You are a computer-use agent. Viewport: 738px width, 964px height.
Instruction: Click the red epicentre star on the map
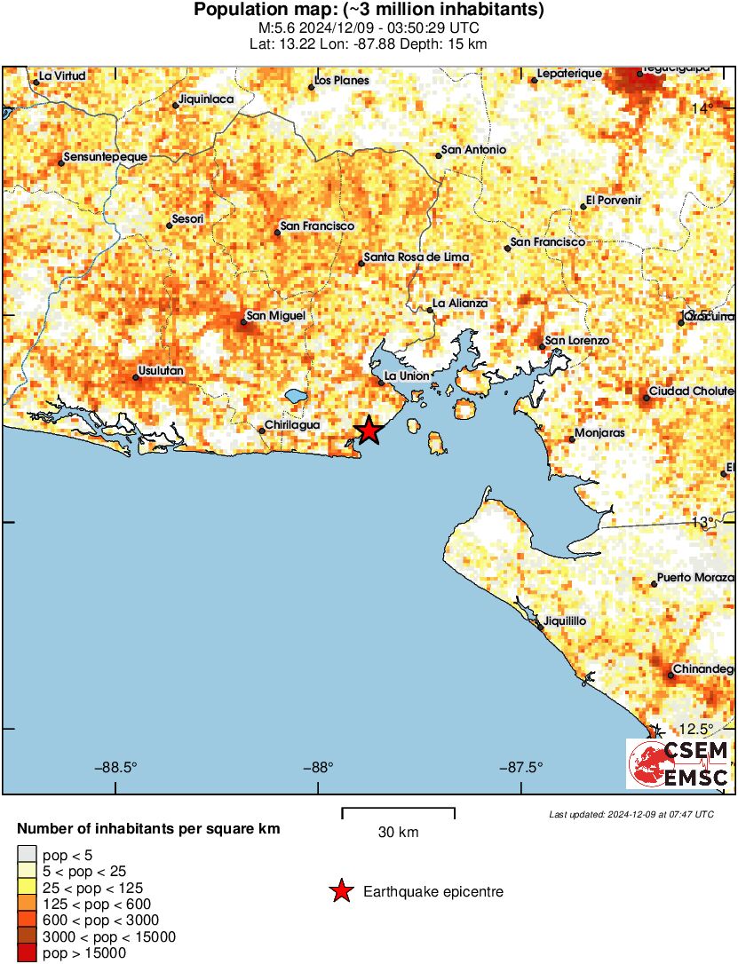pos(369,431)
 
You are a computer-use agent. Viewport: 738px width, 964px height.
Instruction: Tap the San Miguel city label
pos(275,315)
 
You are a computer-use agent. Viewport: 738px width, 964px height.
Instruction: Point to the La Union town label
pos(406,375)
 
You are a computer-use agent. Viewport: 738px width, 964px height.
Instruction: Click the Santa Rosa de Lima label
pos(416,257)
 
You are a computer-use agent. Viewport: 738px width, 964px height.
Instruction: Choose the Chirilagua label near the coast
pos(293,426)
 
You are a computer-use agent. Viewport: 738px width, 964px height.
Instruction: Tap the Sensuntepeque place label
pos(104,157)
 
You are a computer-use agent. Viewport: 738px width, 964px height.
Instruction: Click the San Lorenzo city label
pos(576,340)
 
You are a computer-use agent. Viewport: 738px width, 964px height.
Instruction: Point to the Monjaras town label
pos(599,433)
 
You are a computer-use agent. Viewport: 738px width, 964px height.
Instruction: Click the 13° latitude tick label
pos(703,521)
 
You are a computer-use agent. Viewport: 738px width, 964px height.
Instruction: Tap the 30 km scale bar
pos(398,810)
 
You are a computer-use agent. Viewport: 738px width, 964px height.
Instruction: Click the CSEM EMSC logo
pos(679,763)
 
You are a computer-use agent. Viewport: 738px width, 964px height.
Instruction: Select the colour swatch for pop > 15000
pos(26,953)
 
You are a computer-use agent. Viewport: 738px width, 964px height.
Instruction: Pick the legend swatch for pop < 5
pos(26,856)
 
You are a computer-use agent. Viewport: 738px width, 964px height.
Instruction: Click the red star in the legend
pos(340,892)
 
